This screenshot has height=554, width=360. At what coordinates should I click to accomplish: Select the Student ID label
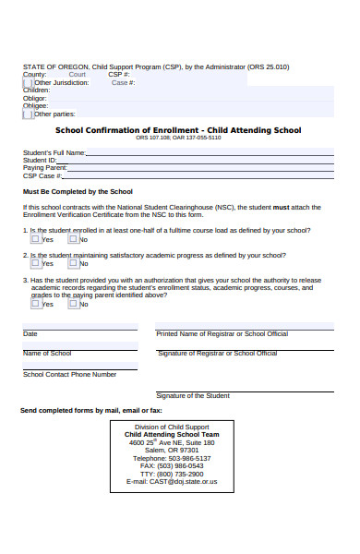pyautogui.click(x=40, y=160)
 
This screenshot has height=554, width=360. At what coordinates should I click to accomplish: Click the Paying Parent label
pyautogui.click(x=44, y=167)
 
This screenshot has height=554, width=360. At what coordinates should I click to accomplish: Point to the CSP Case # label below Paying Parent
pyautogui.click(x=42, y=175)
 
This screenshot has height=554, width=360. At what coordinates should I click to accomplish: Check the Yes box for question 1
pyautogui.click(x=36, y=238)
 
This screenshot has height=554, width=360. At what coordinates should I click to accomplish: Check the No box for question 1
pyautogui.click(x=73, y=238)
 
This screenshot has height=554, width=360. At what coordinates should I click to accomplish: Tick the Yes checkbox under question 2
pyautogui.click(x=36, y=262)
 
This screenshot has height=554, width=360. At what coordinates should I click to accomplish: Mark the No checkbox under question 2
pyautogui.click(x=73, y=262)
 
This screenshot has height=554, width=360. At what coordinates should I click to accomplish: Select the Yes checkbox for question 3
pyautogui.click(x=36, y=303)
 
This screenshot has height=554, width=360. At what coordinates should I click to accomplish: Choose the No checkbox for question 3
pyautogui.click(x=73, y=303)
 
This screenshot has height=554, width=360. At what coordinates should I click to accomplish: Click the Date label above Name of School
pyautogui.click(x=30, y=333)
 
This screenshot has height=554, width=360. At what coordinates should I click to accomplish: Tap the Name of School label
pyautogui.click(x=47, y=354)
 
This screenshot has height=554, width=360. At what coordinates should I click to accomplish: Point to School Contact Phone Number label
pyautogui.click(x=70, y=374)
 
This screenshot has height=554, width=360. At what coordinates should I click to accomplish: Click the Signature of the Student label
pyautogui.click(x=193, y=395)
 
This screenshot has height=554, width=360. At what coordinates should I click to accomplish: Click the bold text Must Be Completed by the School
pyautogui.click(x=78, y=191)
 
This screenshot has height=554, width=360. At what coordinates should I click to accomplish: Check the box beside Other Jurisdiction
pyautogui.click(x=28, y=82)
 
